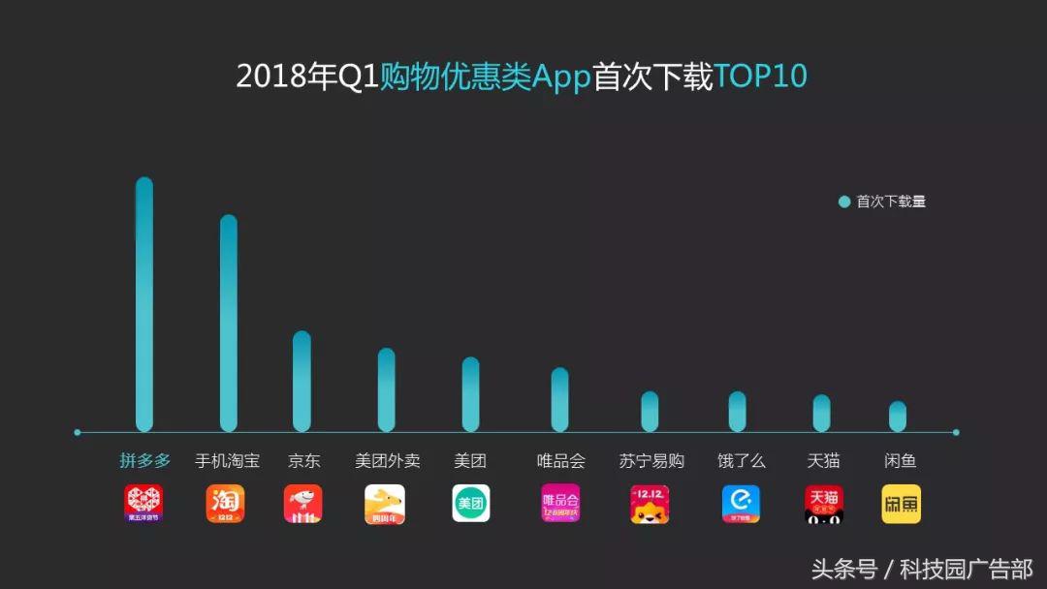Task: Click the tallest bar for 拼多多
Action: (144, 305)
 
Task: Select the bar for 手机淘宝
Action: (229, 324)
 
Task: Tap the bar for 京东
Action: (302, 382)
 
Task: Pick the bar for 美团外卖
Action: (387, 390)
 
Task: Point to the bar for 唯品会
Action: (560, 400)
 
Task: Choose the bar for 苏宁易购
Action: (650, 412)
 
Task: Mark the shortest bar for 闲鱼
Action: (898, 417)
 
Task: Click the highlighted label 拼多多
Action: (144, 461)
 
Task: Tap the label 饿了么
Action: (741, 461)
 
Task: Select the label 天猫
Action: (823, 461)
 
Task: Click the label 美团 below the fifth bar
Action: (470, 461)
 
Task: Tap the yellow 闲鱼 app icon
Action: (901, 504)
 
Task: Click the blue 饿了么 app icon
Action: (741, 504)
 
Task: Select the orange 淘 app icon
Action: (225, 504)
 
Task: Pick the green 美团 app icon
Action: (470, 504)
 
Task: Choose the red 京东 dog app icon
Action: (302, 504)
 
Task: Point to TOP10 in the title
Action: (761, 77)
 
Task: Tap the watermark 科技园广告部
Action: (966, 569)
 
